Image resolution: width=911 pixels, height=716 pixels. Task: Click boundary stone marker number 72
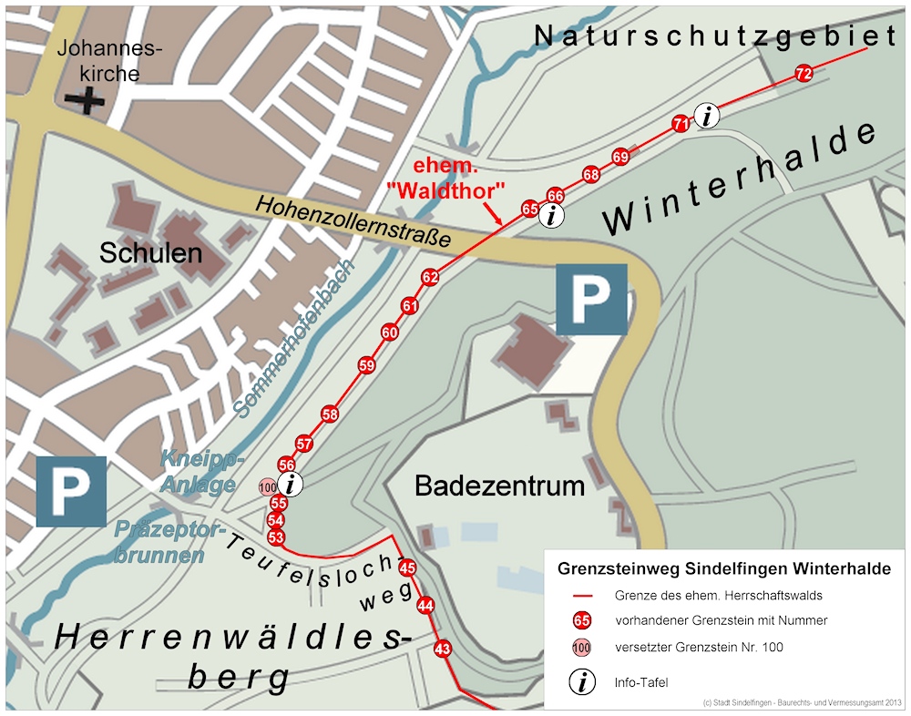804,75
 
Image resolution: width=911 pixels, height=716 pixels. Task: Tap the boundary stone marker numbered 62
431,277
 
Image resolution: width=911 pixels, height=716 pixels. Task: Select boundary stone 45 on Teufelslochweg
407,568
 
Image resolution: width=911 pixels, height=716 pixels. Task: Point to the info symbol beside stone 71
708,116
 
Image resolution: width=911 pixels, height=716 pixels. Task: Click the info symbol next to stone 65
551,216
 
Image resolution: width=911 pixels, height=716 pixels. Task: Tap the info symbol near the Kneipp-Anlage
291,485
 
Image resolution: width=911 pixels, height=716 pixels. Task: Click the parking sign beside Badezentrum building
591,299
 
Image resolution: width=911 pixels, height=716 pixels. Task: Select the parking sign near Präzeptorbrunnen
71,492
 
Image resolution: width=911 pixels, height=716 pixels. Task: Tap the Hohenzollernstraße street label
353,220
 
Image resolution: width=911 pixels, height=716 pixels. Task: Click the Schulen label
150,253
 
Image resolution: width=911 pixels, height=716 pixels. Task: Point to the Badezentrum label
499,486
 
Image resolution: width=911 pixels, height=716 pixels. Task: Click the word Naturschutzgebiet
715,36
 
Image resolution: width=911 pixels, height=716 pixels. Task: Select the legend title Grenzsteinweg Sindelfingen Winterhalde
724,569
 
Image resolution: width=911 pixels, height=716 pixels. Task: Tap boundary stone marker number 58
330,415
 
